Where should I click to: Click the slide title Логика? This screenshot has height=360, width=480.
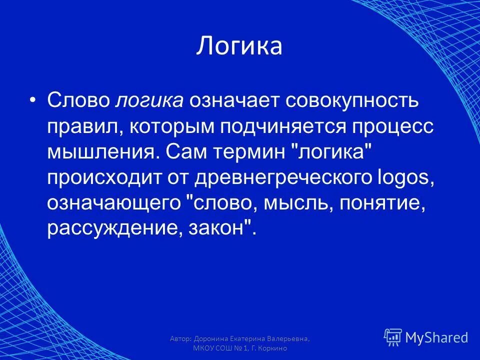click(x=239, y=46)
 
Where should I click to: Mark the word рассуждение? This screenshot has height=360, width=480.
click(x=114, y=228)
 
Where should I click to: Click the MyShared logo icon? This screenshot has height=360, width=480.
click(x=393, y=337)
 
